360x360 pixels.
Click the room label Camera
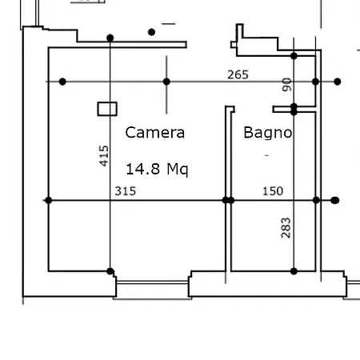(155, 133)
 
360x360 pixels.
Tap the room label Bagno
(268, 133)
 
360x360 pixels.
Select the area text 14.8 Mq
(157, 169)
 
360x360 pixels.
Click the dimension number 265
(238, 74)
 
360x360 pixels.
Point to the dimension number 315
(126, 191)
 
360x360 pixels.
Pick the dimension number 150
(273, 191)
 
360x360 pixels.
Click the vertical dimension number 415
(104, 156)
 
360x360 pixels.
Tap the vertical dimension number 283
(286, 228)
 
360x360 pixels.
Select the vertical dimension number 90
(287, 85)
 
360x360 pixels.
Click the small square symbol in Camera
(107, 109)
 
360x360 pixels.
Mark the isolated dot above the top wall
(151, 32)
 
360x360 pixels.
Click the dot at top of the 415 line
(110, 38)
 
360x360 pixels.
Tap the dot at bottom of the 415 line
(110, 271)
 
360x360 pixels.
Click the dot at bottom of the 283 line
(294, 271)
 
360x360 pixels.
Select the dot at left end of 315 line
(48, 200)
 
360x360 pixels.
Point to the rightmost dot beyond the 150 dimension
(335, 200)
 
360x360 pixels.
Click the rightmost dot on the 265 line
(337, 82)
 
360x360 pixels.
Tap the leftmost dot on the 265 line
(62, 82)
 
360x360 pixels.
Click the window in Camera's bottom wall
(153, 282)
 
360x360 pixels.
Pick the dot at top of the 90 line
(294, 56)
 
